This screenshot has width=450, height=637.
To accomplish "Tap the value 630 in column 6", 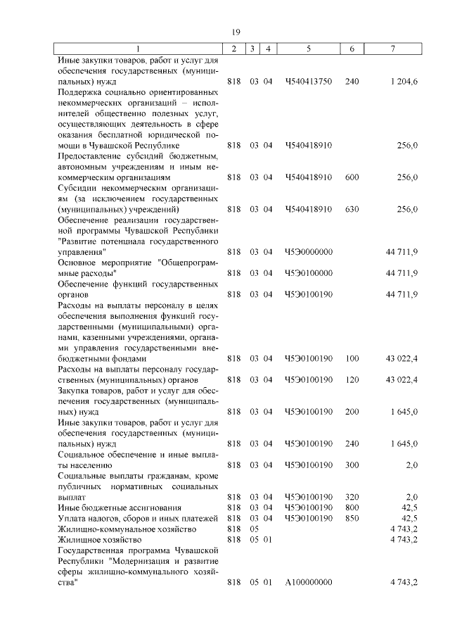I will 352,209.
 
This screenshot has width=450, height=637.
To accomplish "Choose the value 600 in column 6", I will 352,177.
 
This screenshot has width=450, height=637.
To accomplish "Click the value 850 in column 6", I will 352,518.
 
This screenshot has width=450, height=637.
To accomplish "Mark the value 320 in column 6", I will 352,497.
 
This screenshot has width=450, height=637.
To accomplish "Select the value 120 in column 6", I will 352,379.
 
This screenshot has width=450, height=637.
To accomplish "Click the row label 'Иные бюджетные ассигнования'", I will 110,507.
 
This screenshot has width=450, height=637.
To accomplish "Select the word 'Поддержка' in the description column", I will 79,92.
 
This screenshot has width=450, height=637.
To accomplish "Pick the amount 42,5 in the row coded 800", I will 409,507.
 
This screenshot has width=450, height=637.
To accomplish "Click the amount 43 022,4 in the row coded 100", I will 401,358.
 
